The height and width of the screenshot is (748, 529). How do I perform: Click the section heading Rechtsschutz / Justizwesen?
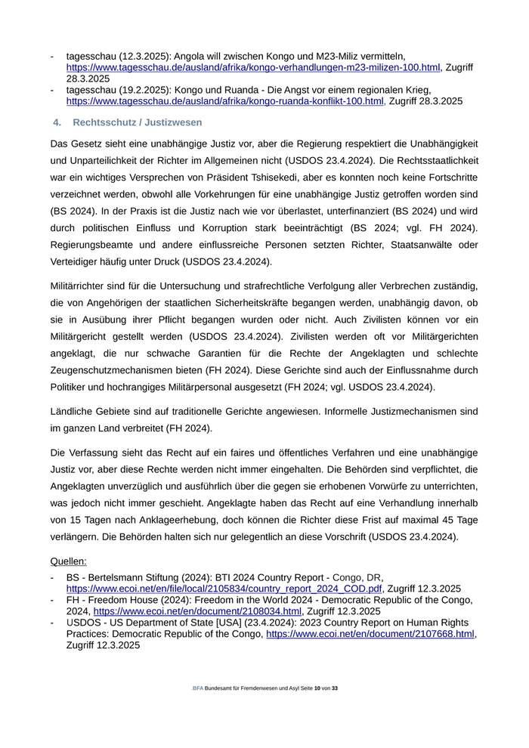[138, 122]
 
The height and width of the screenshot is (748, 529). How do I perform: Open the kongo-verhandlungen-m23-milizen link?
[253, 67]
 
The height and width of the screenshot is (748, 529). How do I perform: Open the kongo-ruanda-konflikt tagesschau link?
[225, 100]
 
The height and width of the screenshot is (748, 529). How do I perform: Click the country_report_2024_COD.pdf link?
[224, 588]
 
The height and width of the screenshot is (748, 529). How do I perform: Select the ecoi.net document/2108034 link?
[198, 611]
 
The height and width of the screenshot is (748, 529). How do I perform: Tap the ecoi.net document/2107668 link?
[370, 634]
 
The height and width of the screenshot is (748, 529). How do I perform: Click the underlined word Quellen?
[68, 561]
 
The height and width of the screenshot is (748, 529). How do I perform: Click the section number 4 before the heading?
[56, 122]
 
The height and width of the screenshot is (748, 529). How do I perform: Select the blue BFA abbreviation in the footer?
[198, 689]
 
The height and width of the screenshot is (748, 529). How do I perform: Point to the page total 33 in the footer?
[335, 689]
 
